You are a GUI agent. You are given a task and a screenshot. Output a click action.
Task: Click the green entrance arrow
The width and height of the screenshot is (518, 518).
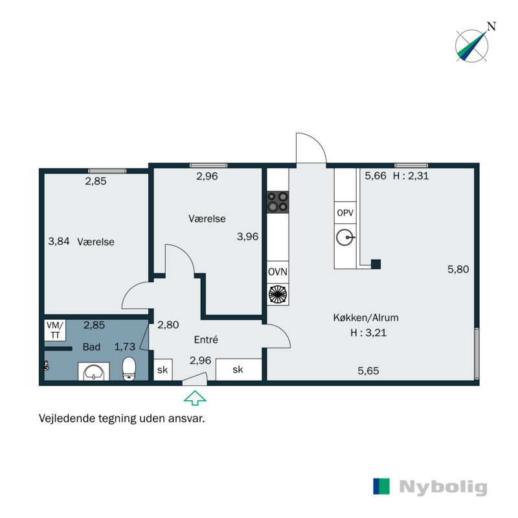195,398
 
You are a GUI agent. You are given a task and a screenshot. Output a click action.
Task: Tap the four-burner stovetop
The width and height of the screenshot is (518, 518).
278,202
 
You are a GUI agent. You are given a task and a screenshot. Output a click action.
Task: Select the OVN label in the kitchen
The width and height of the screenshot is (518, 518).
278,272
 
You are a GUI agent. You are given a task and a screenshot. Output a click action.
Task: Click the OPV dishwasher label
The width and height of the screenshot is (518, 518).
345,213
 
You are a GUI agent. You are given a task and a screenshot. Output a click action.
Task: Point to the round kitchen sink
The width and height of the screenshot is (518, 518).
345,237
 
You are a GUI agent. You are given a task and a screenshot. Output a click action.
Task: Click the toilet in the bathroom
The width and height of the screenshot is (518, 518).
129,368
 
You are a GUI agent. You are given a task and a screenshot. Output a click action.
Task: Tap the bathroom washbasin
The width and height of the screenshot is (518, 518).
94,372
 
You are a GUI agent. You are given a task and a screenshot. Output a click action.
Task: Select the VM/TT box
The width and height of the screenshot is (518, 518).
55,330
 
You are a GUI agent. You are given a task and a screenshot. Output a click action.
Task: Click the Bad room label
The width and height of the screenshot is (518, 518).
91,346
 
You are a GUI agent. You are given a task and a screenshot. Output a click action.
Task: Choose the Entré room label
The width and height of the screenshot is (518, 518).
206,339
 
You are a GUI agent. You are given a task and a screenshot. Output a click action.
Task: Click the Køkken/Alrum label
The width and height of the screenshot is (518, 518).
366,317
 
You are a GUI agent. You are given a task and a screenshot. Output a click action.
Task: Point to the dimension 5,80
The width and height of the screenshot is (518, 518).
458,269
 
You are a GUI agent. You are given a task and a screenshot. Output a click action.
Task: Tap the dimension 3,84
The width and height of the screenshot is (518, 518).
59,241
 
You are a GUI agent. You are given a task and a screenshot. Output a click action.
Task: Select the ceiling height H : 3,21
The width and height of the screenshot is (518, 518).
368,332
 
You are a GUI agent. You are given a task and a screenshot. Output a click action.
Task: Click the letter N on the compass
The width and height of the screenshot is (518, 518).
491,27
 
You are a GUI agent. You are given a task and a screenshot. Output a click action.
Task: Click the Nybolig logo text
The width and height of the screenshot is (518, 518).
443,487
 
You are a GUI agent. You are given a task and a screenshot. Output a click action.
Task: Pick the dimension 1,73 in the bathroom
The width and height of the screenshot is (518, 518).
124,346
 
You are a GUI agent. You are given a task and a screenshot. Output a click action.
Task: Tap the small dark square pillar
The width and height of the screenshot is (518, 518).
376,264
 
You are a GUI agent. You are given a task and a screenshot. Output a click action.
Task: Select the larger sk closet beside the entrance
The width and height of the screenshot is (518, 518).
238,369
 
